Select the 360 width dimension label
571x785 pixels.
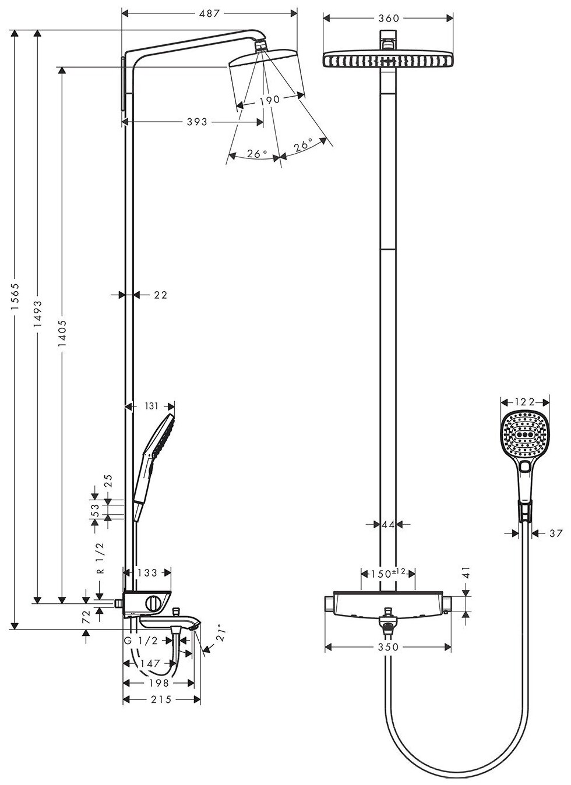tap(388, 18)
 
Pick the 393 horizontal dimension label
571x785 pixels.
tap(197, 122)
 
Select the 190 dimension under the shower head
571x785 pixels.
tap(269, 100)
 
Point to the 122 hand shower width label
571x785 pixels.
tap(525, 401)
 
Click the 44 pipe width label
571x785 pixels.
tap(388, 524)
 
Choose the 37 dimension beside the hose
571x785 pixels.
tap(555, 532)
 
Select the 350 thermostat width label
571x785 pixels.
tap(388, 647)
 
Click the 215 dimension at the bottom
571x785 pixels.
tap(161, 699)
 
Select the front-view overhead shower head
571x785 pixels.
tap(388, 59)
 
